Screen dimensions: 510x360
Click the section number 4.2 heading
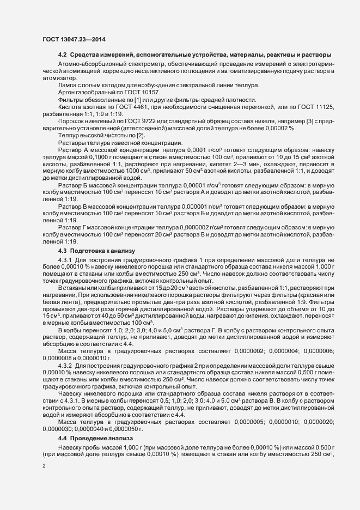(x=63, y=55)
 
